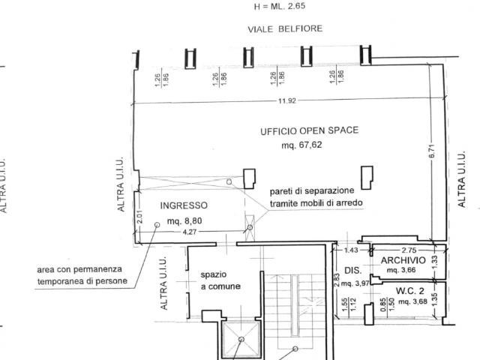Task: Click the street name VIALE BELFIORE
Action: [285, 28]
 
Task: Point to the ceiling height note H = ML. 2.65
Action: [280, 6]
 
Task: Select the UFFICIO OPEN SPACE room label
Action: [309, 130]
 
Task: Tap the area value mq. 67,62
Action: [301, 145]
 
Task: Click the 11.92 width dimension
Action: [286, 100]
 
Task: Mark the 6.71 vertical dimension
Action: [432, 151]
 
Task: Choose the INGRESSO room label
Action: [184, 205]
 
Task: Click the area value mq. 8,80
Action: [184, 220]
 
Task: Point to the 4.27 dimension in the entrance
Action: [190, 232]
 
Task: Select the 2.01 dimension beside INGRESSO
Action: [139, 217]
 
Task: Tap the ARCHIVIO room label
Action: [403, 260]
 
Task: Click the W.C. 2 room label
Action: [410, 291]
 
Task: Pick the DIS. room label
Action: [353, 271]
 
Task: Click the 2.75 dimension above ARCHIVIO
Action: [409, 250]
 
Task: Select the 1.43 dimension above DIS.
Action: [351, 250]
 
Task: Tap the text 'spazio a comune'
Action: [220, 280]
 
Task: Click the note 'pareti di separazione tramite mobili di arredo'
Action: [316, 196]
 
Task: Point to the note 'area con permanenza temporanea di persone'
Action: [82, 275]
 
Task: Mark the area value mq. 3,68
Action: [412, 301]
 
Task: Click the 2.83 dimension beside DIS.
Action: [337, 280]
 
